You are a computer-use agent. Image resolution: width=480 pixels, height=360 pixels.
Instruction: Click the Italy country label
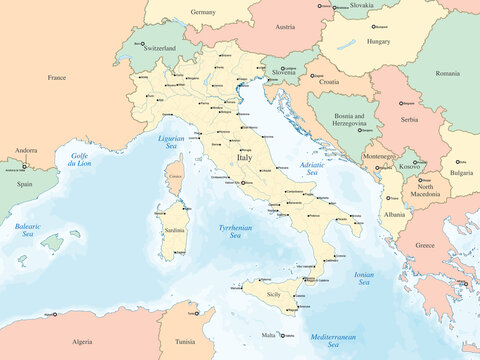(245, 158)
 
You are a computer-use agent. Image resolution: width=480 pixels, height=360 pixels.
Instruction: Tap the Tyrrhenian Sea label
(236, 232)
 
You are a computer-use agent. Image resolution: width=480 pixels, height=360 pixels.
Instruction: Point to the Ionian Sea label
(364, 278)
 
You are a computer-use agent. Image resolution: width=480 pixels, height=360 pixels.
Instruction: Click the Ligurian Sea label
(173, 142)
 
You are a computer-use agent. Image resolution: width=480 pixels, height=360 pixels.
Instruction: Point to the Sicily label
(272, 296)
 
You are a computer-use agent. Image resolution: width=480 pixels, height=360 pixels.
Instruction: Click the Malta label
(267, 336)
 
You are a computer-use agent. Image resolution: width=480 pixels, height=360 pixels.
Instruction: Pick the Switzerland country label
(158, 48)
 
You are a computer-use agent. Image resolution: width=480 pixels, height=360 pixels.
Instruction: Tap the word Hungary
(378, 42)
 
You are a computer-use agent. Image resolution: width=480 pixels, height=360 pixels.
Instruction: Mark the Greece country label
(425, 245)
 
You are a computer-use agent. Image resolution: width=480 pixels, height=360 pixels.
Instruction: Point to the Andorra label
(25, 150)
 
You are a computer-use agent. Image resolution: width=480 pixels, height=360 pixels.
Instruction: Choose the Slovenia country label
(284, 73)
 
